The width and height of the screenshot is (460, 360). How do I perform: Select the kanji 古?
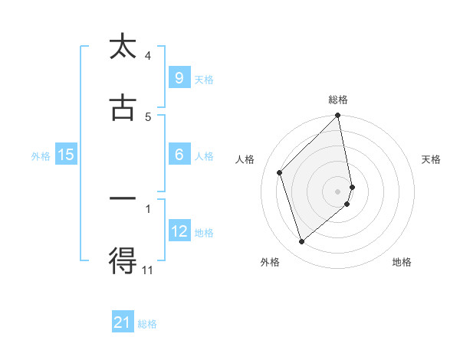point(123,108)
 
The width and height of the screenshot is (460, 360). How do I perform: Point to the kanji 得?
point(123,260)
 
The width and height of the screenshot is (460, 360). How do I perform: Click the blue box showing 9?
point(179,77)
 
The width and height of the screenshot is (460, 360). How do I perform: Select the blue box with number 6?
point(179,154)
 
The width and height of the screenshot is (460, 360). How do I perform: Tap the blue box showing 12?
point(179,231)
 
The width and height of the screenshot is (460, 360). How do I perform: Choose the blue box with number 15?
point(66,155)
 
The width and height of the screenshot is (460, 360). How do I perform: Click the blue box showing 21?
point(123,323)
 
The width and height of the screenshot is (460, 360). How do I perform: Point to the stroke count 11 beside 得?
point(148,270)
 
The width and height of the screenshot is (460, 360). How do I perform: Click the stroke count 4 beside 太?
point(148,55)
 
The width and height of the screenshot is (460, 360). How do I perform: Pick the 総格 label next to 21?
point(147,324)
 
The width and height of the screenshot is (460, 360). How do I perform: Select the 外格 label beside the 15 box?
point(41,155)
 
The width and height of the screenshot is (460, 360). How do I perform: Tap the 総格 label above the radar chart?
point(338,100)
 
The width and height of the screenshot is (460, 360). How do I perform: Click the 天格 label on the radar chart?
point(432,159)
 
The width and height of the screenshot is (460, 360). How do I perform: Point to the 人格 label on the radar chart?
point(245,159)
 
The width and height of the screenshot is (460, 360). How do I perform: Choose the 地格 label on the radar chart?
point(402,262)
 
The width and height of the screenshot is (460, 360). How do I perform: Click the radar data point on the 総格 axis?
point(338,116)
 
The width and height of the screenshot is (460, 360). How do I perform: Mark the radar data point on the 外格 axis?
point(301,242)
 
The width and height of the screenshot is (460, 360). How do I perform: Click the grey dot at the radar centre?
point(338,191)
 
